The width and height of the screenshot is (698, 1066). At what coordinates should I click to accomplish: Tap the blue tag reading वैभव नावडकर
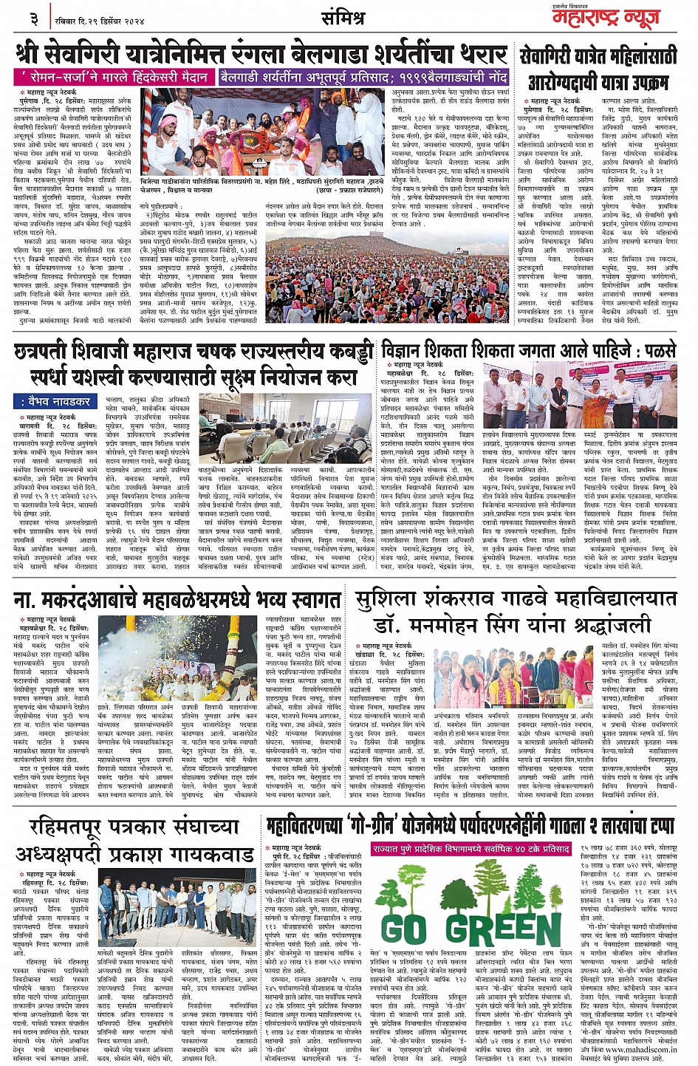point(56,401)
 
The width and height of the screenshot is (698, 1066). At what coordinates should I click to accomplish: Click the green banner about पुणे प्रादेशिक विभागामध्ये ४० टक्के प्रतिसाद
point(471,850)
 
